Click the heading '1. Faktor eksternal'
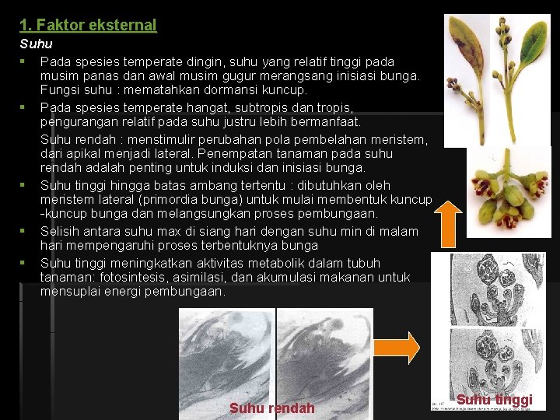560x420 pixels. (88, 25)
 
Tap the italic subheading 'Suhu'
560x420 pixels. (36, 44)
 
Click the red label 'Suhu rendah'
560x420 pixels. (272, 408)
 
